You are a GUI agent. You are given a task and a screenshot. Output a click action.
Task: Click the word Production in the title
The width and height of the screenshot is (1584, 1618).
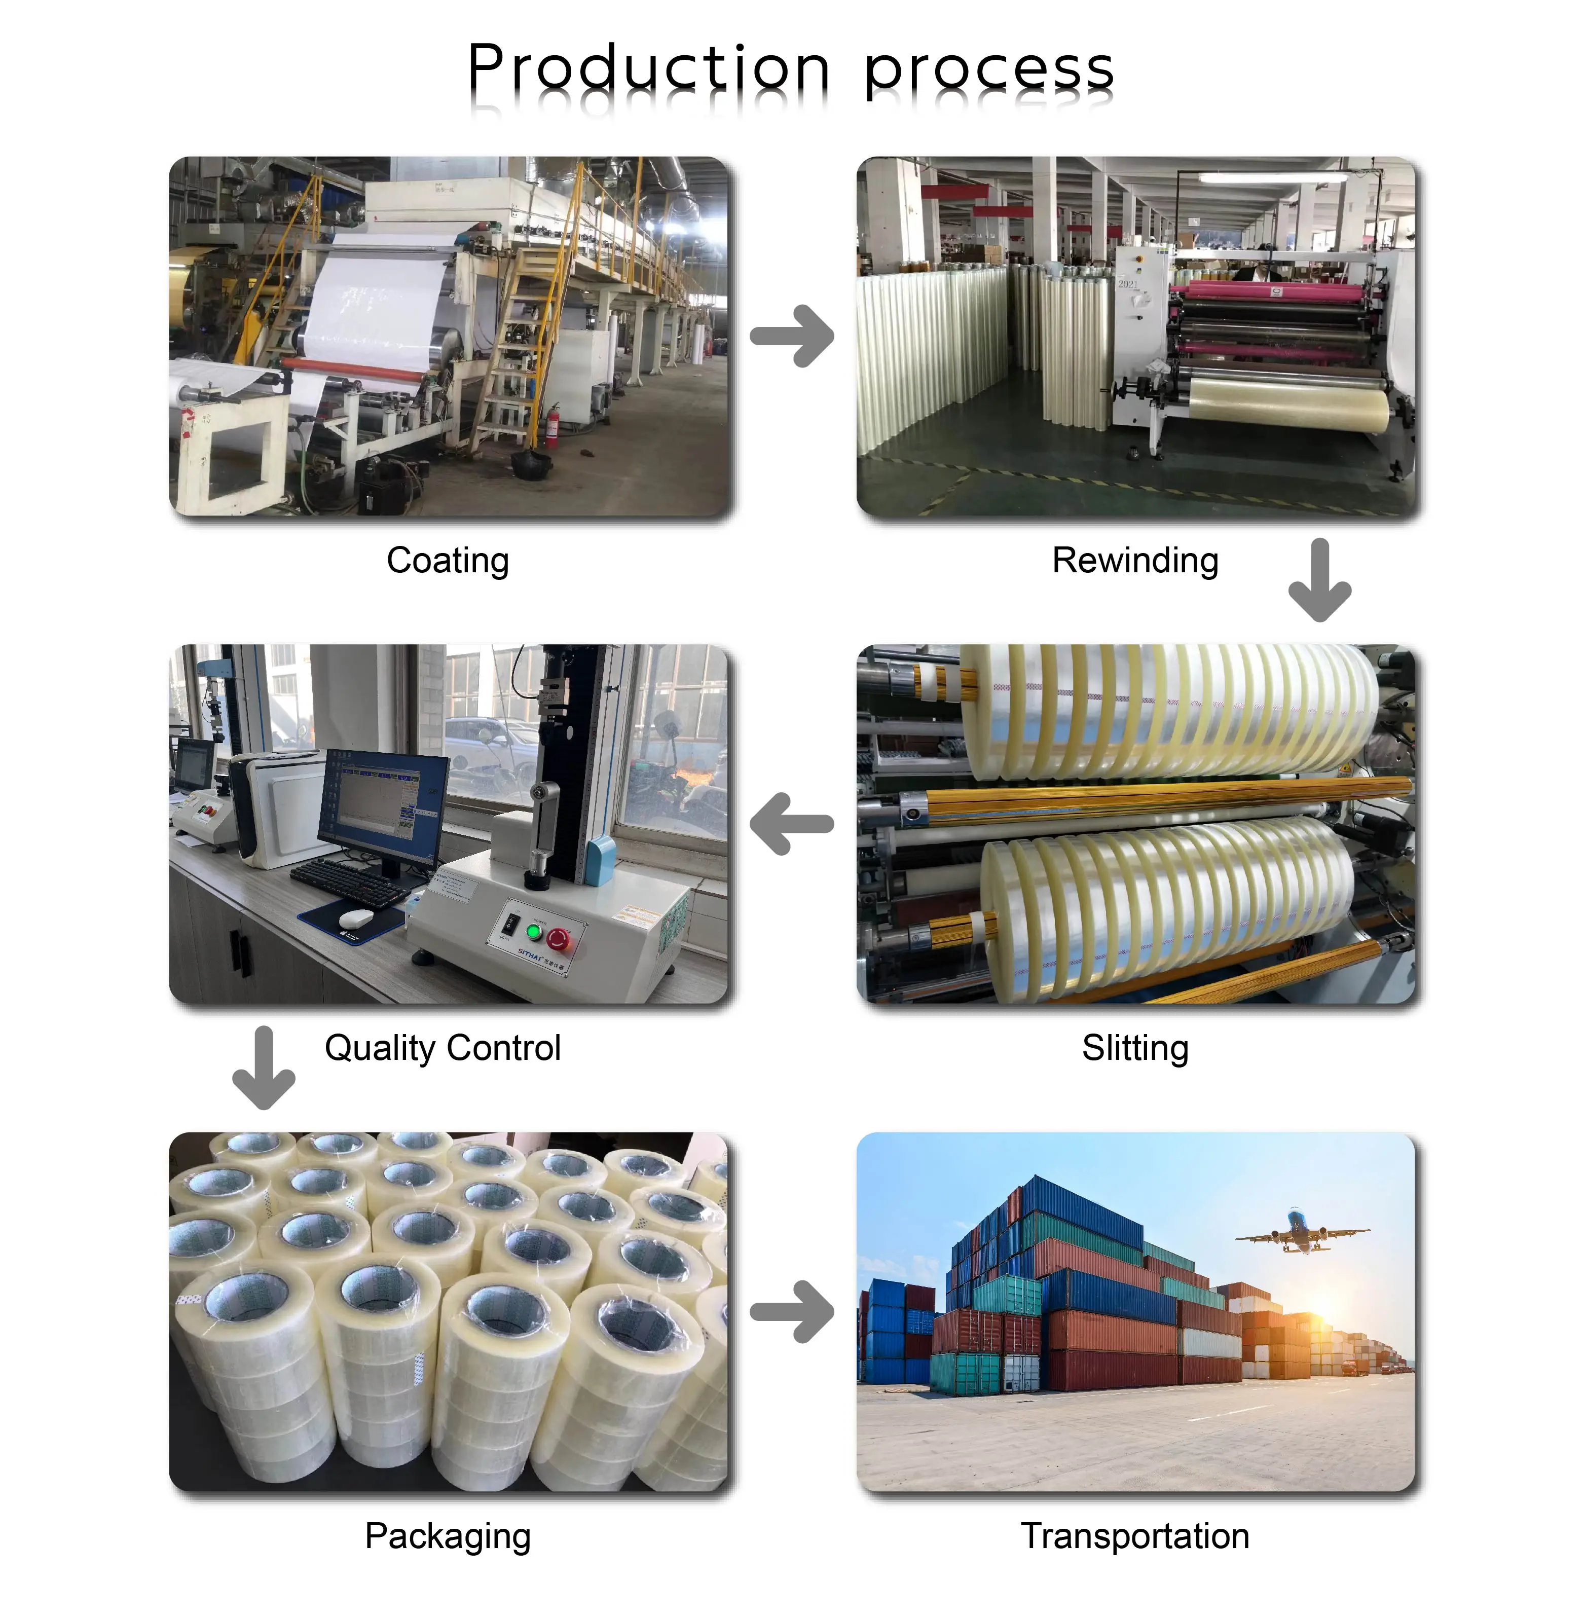click(648, 68)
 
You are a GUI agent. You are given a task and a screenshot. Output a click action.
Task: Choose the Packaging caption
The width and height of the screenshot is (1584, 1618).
click(448, 1536)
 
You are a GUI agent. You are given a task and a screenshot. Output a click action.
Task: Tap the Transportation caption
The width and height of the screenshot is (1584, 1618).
click(1135, 1536)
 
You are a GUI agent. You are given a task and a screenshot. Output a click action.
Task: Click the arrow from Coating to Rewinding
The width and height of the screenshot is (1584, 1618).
click(792, 336)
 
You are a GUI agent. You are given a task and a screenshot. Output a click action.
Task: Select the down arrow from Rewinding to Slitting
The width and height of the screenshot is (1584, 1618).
click(1319, 580)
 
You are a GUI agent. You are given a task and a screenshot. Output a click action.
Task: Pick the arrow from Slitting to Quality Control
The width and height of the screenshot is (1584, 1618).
click(792, 824)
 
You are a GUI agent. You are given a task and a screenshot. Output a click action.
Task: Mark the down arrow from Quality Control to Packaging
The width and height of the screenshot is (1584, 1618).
click(264, 1068)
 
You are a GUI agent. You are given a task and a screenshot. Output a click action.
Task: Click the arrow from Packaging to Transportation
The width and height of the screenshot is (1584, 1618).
click(792, 1312)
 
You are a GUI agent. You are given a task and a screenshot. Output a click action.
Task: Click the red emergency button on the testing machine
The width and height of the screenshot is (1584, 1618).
click(558, 938)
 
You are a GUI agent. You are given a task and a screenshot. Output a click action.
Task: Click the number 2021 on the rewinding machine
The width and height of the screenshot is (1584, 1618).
click(1127, 284)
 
